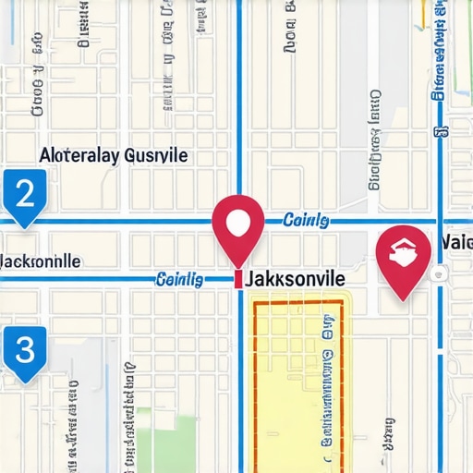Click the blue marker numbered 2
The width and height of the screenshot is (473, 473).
tap(25, 195)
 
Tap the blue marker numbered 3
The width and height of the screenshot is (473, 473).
tap(25, 351)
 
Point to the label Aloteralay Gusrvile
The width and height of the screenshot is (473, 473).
tap(114, 155)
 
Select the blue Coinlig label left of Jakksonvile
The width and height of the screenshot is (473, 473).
tap(180, 279)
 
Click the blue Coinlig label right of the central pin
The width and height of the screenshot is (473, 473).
tap(305, 220)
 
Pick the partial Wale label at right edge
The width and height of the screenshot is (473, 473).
tap(457, 242)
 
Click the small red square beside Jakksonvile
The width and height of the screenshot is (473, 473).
tap(238, 279)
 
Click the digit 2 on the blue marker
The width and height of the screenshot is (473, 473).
tap(25, 192)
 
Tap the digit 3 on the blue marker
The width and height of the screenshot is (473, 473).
tap(25, 349)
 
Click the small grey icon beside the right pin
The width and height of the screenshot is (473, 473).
tap(443, 273)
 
